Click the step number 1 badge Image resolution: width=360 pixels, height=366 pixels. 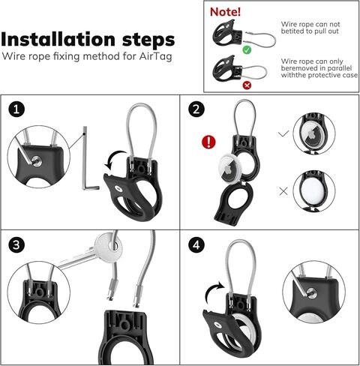pos(17,109)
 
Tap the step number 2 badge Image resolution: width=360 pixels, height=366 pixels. pos(197,109)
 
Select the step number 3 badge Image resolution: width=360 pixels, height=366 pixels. pos(17,244)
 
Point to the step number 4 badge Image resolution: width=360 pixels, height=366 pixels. pos(197,244)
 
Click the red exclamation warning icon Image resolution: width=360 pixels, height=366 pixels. pos(209,142)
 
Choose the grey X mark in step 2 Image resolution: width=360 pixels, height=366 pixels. pos(283,191)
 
